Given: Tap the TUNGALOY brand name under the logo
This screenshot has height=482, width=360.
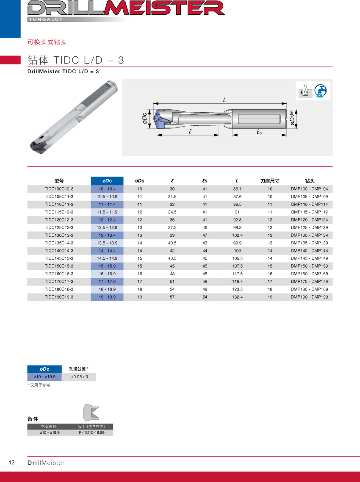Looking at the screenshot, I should pyautogui.click(x=47, y=19).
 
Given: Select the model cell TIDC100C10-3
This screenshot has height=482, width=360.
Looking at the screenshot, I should pyautogui.click(x=59, y=189).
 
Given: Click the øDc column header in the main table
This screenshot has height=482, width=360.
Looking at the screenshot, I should pyautogui.click(x=107, y=181).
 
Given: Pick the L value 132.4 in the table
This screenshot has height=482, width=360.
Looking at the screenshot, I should pyautogui.click(x=237, y=297).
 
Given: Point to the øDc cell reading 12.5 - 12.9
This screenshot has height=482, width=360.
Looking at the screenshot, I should pyautogui.click(x=107, y=227).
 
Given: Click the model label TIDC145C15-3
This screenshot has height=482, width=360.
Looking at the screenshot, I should pyautogui.click(x=59, y=258).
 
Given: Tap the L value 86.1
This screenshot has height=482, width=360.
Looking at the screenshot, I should pyautogui.click(x=237, y=189).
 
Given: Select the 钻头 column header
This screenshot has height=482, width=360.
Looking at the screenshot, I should pyautogui.click(x=310, y=181).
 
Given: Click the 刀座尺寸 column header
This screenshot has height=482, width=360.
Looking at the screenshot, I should pyautogui.click(x=270, y=181).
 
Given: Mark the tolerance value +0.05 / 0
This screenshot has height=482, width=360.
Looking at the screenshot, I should pyautogui.click(x=79, y=377).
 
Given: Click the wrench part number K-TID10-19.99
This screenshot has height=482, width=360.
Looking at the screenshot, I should pyautogui.click(x=91, y=433).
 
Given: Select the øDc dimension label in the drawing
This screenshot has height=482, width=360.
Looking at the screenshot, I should pyautogui.click(x=145, y=119).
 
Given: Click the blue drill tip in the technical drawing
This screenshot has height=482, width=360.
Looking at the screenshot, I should pyautogui.click(x=160, y=119).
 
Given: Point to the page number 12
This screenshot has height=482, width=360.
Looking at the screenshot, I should pyautogui.click(x=11, y=462).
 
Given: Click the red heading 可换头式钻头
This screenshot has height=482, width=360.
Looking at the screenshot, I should pyautogui.click(x=47, y=42).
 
